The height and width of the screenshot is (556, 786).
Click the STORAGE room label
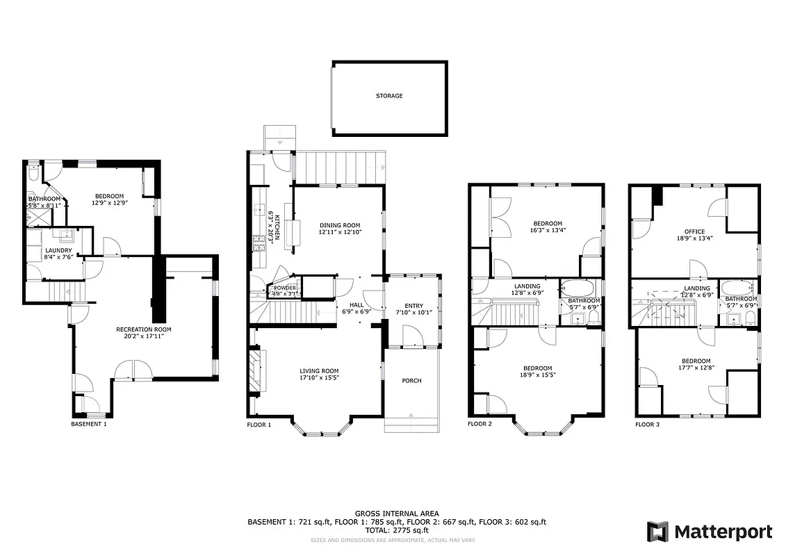389,96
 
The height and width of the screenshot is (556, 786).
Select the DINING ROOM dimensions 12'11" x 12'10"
340,232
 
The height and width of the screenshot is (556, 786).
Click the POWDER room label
285,288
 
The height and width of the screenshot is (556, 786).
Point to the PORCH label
411,381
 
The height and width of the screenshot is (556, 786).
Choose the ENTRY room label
414,305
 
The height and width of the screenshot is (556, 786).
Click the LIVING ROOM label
319,371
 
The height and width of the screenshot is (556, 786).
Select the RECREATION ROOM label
143,329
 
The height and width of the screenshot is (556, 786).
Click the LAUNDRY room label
58,250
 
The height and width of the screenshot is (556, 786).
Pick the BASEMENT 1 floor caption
89,423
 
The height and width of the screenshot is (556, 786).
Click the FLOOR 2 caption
480,423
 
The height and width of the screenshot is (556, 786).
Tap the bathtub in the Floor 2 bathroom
578,288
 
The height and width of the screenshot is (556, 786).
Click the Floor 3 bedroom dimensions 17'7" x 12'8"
696,368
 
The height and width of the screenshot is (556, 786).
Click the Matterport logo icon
657,532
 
